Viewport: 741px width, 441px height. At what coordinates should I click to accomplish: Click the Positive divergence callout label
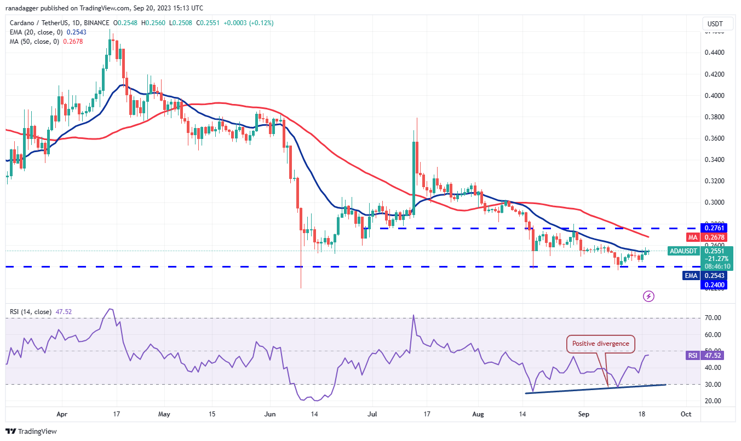pos(601,344)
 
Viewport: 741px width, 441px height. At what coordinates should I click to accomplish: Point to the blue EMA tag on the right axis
pos(691,276)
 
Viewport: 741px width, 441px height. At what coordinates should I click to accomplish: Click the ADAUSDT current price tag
pos(683,251)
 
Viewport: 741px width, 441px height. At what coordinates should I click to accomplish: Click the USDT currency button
pos(716,24)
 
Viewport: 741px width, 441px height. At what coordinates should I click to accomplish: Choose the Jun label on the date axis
pos(269,415)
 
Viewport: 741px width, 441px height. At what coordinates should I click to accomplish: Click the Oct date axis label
pos(685,415)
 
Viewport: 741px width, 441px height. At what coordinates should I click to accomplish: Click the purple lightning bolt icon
pos(648,296)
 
